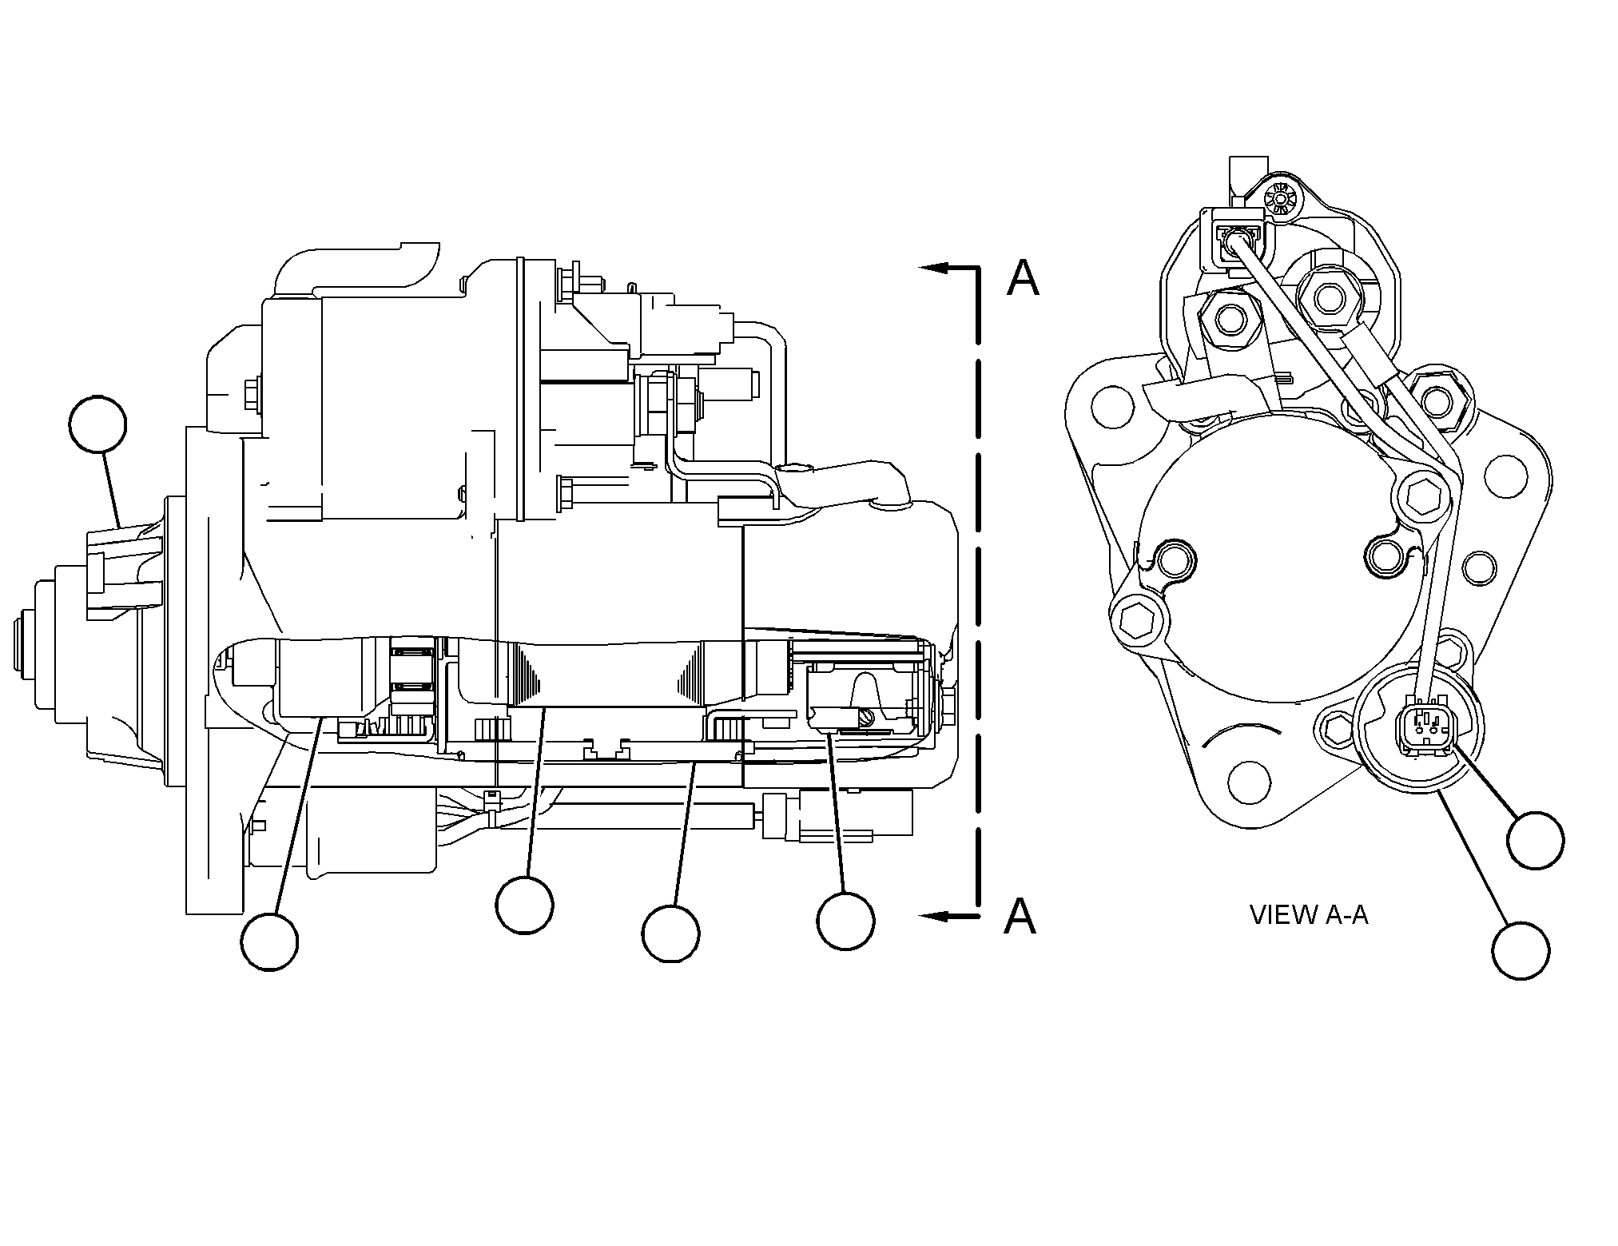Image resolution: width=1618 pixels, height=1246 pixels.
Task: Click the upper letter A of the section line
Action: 1023,278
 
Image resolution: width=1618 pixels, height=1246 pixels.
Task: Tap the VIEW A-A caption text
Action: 1309,914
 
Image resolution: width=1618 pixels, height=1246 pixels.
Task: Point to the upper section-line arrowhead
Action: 934,269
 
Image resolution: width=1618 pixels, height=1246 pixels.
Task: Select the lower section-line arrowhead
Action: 934,916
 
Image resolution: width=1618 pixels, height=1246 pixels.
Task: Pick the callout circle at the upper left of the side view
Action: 98,424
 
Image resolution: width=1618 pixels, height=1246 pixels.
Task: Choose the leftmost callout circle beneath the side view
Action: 270,941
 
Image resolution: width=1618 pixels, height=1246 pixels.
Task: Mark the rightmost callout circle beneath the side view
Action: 845,921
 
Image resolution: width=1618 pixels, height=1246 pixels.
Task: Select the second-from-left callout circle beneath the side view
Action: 524,904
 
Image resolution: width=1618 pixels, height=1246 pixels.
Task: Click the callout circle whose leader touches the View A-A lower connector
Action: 1536,839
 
